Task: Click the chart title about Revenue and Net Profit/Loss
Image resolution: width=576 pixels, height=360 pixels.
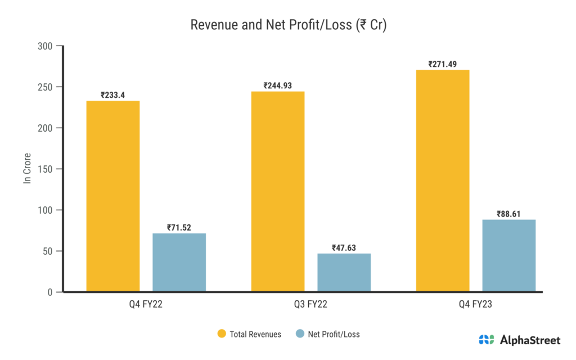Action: tap(288, 25)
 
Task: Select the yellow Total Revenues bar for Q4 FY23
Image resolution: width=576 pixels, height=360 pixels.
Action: tap(443, 181)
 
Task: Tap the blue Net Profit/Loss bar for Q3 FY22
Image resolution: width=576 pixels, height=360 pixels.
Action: tap(344, 272)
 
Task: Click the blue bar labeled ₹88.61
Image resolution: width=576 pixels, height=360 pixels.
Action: tap(508, 255)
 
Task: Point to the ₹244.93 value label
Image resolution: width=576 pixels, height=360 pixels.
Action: tap(277, 85)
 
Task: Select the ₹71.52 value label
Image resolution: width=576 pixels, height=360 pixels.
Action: tap(179, 228)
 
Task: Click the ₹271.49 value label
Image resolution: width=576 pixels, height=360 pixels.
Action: tap(442, 64)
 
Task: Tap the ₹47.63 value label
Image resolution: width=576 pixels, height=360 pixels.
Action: tap(344, 247)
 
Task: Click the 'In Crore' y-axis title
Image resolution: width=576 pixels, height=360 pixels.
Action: tap(26, 169)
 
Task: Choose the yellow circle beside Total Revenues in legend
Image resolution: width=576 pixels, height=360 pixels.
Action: tap(222, 334)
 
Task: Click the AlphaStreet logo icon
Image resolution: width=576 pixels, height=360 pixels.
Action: tap(487, 340)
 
